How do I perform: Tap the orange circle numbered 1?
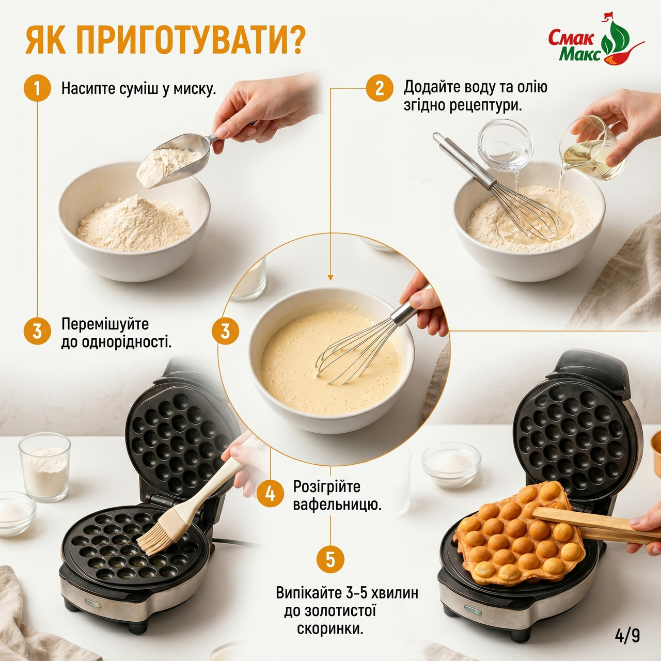click(x=37, y=88)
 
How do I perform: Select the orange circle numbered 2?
click(x=380, y=88)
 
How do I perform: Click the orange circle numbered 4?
click(x=270, y=494)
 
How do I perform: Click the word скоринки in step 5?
click(x=329, y=629)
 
